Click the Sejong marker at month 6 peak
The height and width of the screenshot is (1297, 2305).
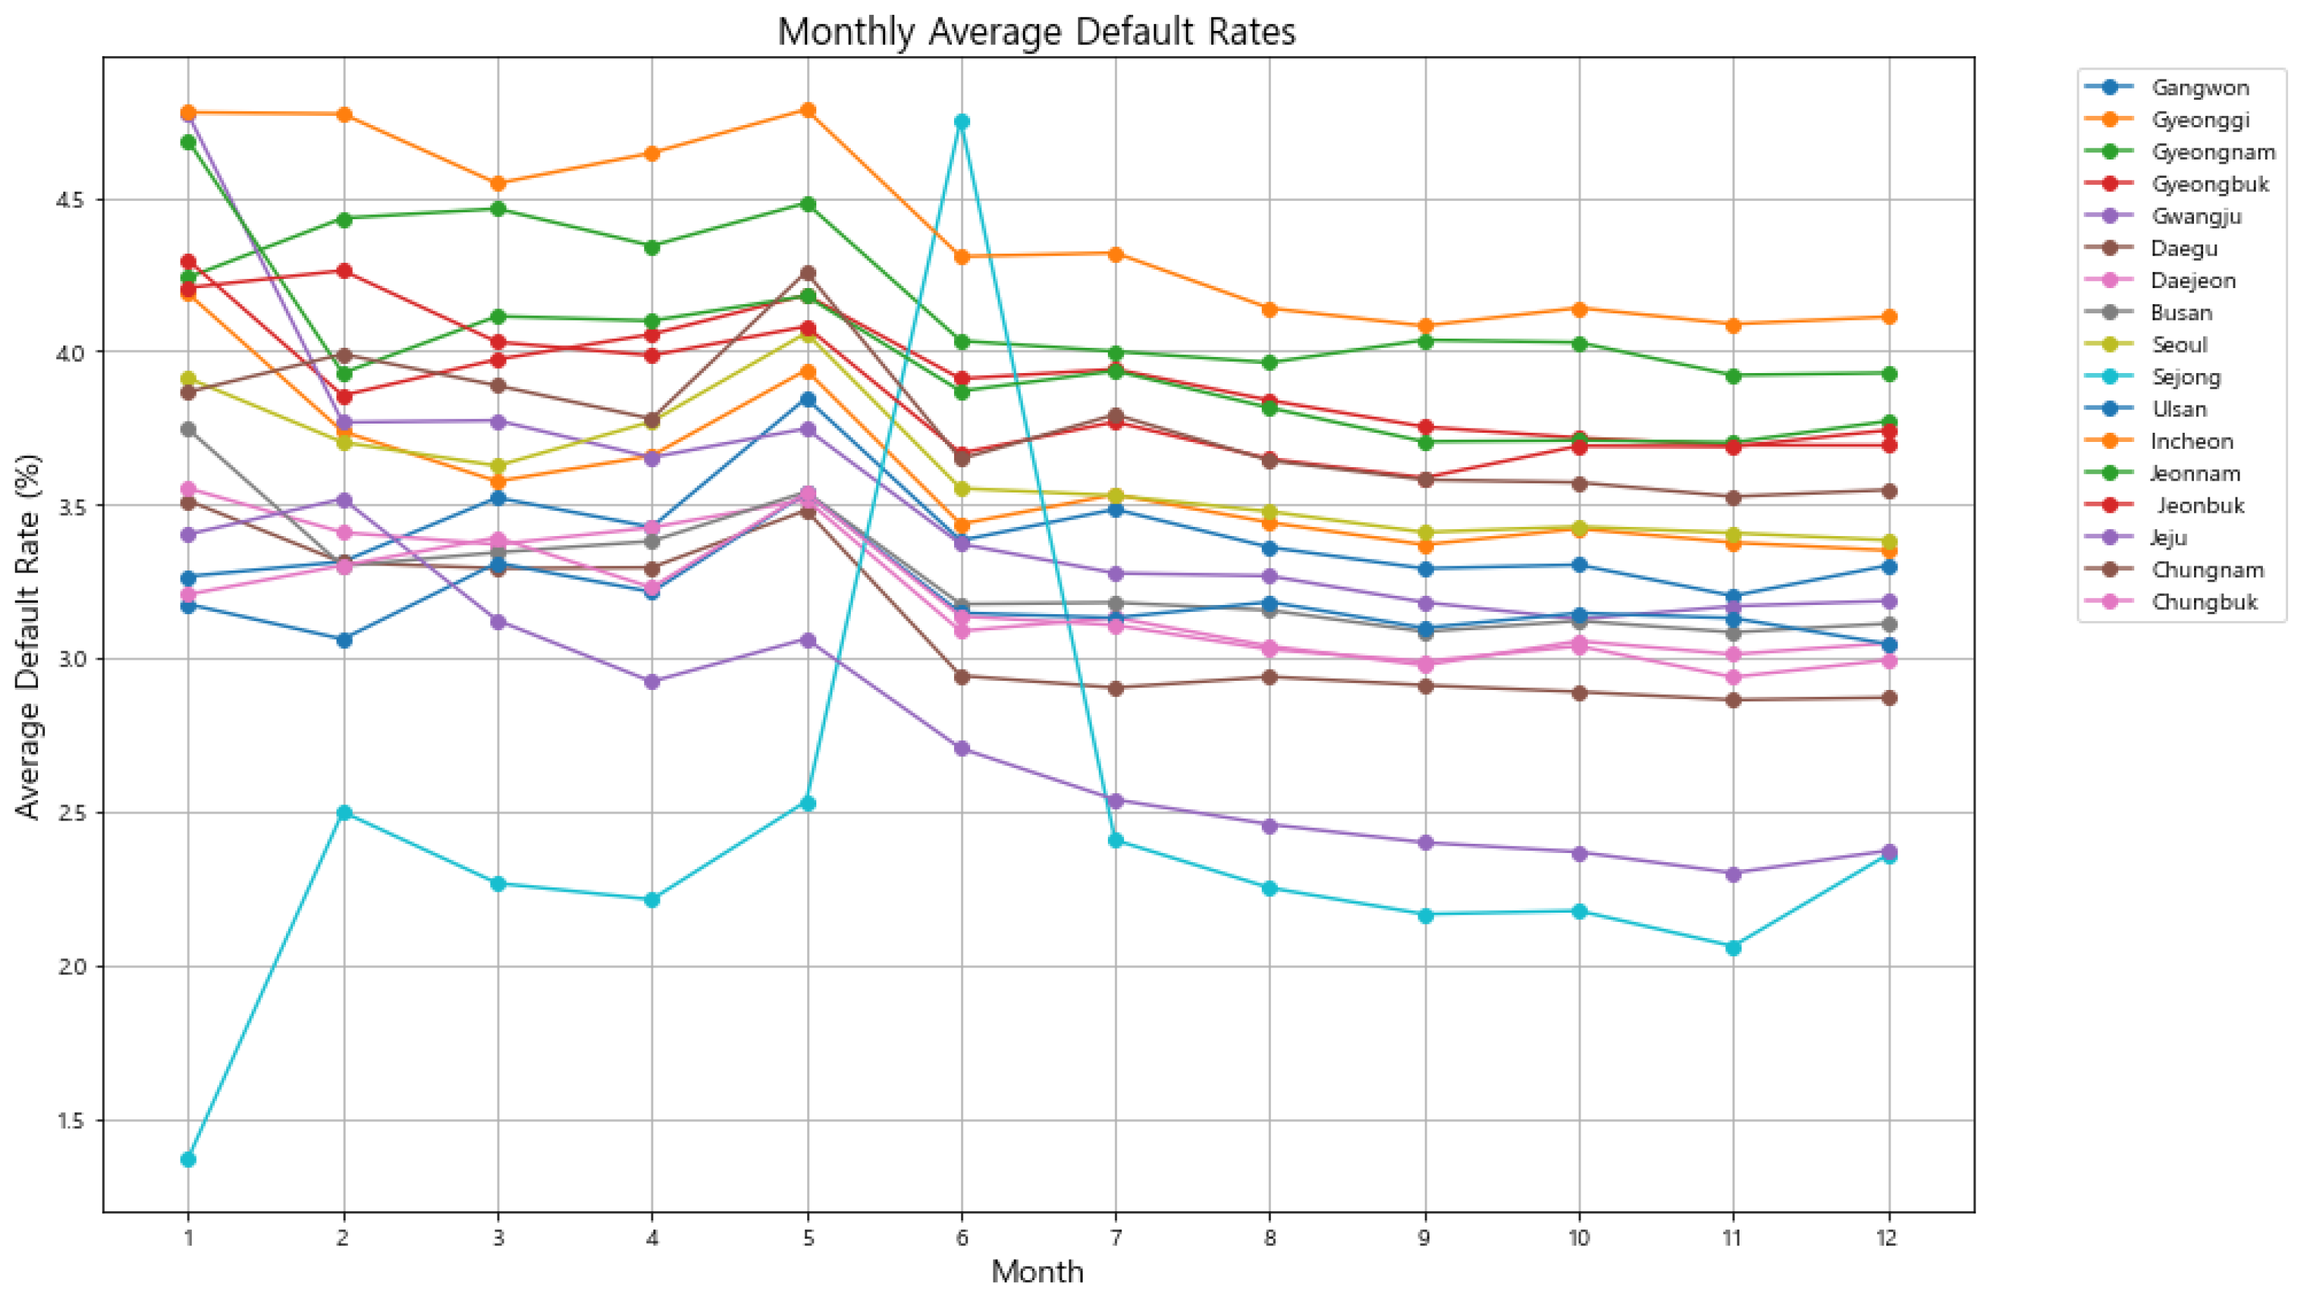[962, 122]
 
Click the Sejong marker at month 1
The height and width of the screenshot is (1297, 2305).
[188, 1159]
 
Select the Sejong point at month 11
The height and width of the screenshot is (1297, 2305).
[1733, 947]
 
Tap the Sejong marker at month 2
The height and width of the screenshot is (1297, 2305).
[344, 813]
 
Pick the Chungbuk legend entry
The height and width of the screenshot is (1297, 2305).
[2204, 602]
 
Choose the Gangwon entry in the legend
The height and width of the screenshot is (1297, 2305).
[2200, 88]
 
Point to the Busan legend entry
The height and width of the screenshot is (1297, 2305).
[2181, 313]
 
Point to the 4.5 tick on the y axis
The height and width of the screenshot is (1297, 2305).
[70, 200]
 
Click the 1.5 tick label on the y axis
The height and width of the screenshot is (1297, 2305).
[70, 1121]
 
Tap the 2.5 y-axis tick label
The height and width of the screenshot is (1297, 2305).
[70, 813]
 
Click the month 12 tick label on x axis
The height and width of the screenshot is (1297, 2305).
[1887, 1238]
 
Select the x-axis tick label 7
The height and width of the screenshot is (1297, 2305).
[1116, 1238]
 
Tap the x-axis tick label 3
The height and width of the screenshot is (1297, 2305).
[498, 1238]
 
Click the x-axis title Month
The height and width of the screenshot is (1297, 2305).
[1037, 1272]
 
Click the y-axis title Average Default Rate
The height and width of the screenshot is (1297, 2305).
[29, 636]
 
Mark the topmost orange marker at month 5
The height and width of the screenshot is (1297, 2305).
[807, 110]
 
